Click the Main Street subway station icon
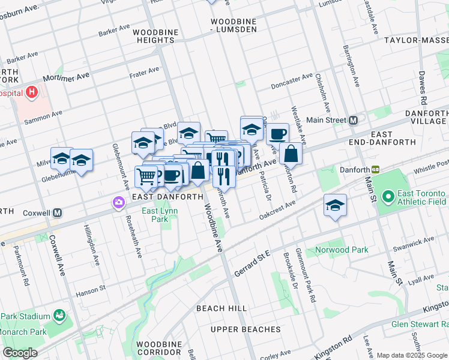pos(354,119)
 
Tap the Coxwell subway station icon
pos(58,213)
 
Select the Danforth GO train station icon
pos(376,170)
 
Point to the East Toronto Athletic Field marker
pos(388,196)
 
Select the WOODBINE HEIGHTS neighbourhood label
pos(154,35)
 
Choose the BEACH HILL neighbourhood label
pos(221,308)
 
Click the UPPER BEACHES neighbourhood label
pos(246,329)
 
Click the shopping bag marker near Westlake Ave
pos(291,154)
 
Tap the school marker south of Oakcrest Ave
pos(335,205)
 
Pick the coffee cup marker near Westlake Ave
pos(277,133)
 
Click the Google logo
pos(20,353)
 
